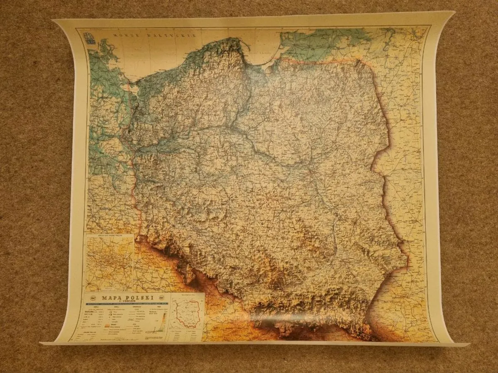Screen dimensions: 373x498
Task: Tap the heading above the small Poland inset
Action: pyautogui.click(x=188, y=295)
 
